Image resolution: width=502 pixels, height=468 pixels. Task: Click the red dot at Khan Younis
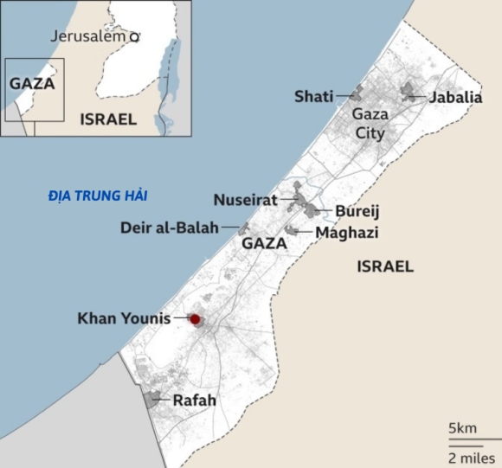[x=196, y=320]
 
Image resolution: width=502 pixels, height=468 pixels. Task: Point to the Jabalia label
[x=455, y=97]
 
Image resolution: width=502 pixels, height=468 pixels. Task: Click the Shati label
[x=313, y=96]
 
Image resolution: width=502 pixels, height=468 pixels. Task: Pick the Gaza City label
[x=369, y=124]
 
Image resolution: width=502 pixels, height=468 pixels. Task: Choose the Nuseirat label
[x=245, y=201]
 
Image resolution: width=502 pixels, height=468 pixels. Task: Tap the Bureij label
[x=357, y=211]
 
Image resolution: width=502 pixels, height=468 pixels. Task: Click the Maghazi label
[x=346, y=233]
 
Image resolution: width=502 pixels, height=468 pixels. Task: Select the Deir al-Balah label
[x=171, y=228]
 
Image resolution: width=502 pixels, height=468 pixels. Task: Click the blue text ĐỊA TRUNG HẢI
[x=98, y=196]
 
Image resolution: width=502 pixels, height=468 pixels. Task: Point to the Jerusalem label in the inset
[x=88, y=36]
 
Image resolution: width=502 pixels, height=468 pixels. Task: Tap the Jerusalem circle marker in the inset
[x=134, y=37]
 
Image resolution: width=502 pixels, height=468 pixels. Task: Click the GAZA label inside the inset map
[x=32, y=84]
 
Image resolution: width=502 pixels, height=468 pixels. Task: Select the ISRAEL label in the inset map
[x=107, y=119]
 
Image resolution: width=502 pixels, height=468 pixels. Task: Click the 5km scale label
[x=462, y=428]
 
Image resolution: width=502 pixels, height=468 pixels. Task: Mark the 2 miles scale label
[x=471, y=456]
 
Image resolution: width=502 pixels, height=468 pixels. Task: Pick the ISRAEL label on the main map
[x=385, y=266]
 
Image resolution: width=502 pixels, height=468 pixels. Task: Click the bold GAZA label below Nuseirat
[x=264, y=244]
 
